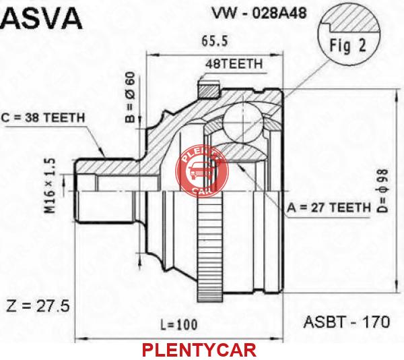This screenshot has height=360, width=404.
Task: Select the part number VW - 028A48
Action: click(x=259, y=13)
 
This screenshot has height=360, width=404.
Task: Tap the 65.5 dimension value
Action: click(x=215, y=42)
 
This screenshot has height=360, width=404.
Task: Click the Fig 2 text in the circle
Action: click(x=348, y=46)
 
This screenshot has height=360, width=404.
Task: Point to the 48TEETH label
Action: click(x=234, y=64)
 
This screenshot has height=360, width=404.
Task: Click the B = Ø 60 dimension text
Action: click(x=131, y=97)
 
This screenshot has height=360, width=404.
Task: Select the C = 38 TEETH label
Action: click(x=43, y=118)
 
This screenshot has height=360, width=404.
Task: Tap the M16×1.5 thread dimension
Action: click(x=50, y=186)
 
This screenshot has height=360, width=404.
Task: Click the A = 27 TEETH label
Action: click(x=329, y=208)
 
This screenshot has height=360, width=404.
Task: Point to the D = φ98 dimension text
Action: click(x=382, y=191)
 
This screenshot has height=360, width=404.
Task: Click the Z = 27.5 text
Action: click(x=38, y=307)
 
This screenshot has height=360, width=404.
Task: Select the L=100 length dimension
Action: click(x=179, y=325)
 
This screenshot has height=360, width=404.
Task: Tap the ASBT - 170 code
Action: click(x=347, y=322)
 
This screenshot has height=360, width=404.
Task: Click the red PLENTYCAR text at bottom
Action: click(x=199, y=350)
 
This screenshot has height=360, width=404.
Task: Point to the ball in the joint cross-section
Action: click(x=242, y=123)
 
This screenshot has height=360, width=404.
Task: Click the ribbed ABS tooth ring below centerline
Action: click(x=209, y=246)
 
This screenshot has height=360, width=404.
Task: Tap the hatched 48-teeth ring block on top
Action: click(x=209, y=90)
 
